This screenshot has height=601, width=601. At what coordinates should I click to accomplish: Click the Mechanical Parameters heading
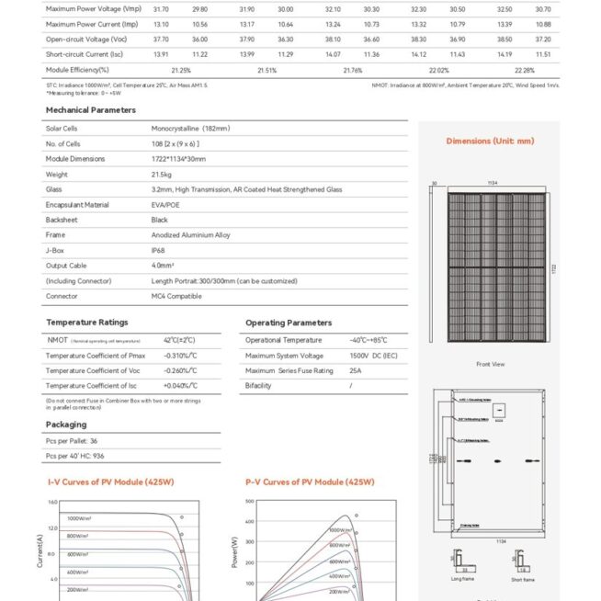[x=90, y=109]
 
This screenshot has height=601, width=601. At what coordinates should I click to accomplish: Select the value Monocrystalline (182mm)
[x=190, y=129]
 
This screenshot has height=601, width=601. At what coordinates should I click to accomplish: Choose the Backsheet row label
[x=62, y=220]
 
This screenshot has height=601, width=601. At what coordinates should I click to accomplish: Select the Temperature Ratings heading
[x=86, y=323]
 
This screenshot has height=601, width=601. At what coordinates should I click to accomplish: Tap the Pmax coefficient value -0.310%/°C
[x=180, y=355]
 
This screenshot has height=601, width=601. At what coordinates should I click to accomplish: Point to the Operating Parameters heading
[x=289, y=323]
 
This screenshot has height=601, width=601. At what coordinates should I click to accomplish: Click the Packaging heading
[x=66, y=425]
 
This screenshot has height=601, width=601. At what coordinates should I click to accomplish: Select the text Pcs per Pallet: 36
[x=72, y=442]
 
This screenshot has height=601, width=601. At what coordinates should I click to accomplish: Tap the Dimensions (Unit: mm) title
[x=490, y=141]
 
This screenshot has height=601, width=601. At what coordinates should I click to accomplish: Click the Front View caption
[x=490, y=365]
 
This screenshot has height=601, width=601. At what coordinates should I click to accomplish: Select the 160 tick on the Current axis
[x=52, y=503]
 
